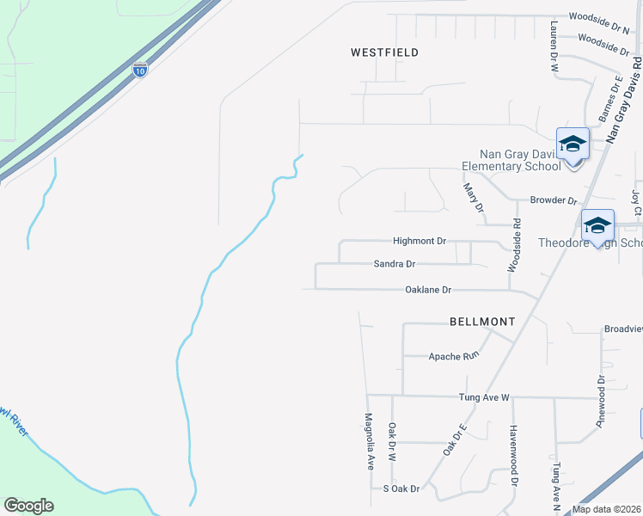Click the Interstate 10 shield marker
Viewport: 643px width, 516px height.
point(140,68)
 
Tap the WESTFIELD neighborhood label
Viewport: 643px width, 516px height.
point(385,52)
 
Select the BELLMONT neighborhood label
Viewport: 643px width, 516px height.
point(482,322)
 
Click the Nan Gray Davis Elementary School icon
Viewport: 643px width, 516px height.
point(573,145)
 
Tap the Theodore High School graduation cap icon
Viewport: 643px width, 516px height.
point(597,226)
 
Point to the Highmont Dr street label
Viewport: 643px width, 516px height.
point(419,242)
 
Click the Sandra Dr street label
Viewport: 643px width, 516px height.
point(395,264)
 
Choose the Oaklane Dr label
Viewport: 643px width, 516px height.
point(428,290)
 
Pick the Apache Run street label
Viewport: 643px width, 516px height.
point(452,355)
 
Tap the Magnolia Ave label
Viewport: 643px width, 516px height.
point(370,441)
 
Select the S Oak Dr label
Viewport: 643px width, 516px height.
point(401,488)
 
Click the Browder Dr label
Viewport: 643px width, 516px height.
point(553,200)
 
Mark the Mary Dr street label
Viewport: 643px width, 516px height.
point(475,199)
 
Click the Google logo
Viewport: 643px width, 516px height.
point(28,505)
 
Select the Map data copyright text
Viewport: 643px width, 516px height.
point(607,509)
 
